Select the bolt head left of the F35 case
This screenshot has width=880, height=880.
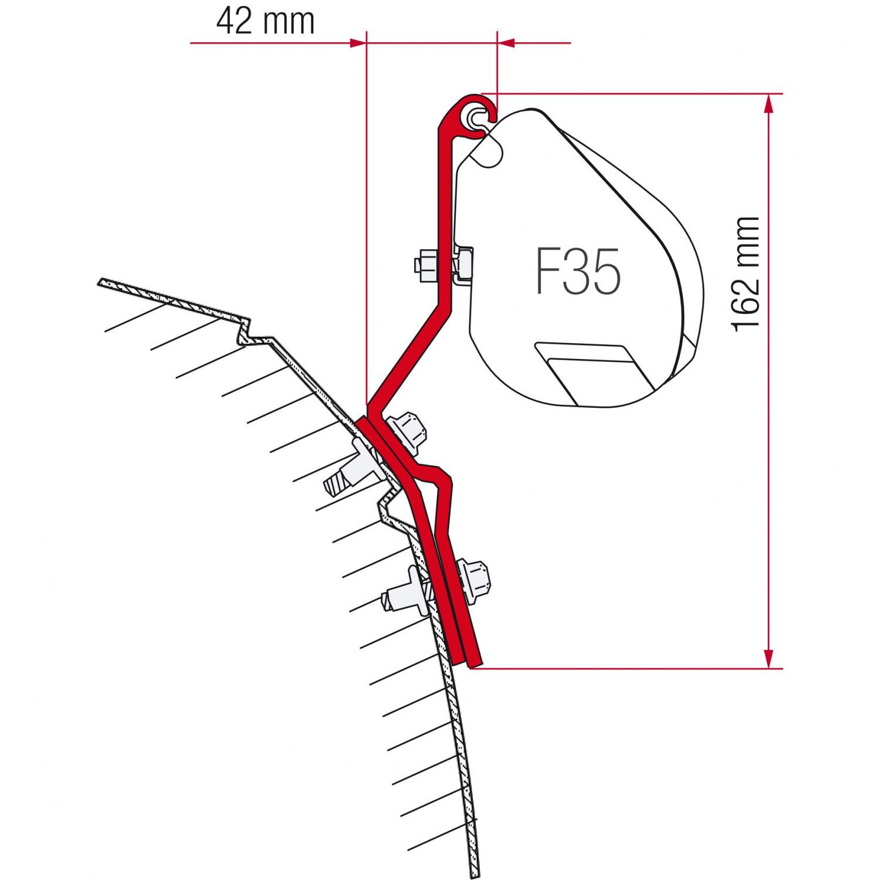click(425, 265)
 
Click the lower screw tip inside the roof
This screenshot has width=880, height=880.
click(394, 598)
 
